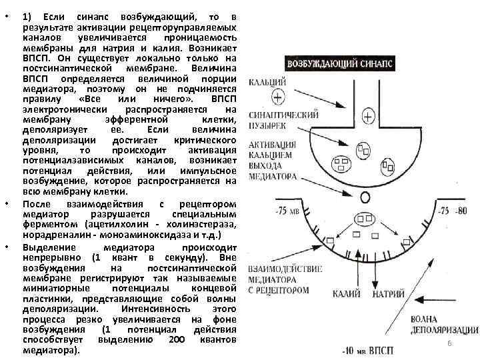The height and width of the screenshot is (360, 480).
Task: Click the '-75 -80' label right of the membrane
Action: click(x=453, y=211)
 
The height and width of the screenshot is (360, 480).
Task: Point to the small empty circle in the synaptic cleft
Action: click(x=365, y=197)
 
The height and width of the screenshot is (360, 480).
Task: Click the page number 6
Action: click(x=449, y=343)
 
